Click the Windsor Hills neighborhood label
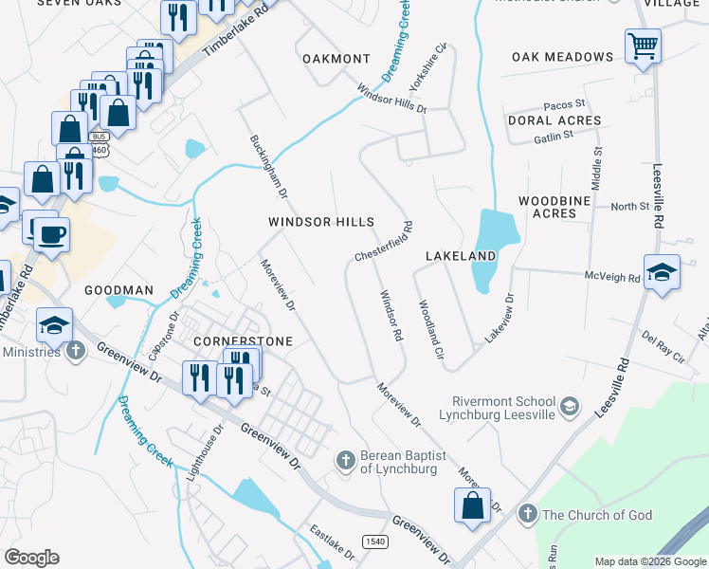click(321, 222)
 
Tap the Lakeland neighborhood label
click(461, 256)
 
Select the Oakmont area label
click(336, 59)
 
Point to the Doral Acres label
click(554, 120)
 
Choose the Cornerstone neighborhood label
click(243, 340)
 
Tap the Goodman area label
click(118, 289)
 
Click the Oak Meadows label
click(562, 57)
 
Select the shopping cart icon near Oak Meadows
click(643, 46)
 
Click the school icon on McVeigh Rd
click(662, 272)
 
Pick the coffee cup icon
click(51, 232)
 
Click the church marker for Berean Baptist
click(346, 461)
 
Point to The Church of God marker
click(527, 514)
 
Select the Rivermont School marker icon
click(569, 407)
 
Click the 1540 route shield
click(373, 541)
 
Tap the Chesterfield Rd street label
click(384, 243)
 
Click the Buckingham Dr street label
click(268, 167)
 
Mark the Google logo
click(31, 558)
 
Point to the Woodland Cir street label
click(431, 329)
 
